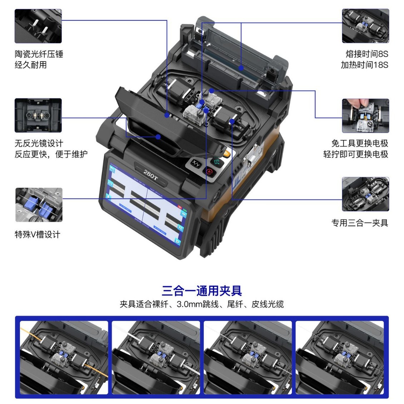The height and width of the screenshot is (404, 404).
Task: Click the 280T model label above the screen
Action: point(150,175)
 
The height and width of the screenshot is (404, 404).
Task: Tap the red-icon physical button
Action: point(209,172)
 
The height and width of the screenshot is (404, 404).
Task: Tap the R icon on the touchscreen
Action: point(180,227)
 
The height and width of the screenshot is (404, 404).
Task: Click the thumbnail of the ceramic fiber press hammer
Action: point(38,26)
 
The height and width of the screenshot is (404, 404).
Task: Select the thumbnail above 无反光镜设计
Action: point(38,115)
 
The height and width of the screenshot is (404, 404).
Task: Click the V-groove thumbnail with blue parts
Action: point(39,205)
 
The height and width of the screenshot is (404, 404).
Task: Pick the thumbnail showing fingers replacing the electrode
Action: point(365,115)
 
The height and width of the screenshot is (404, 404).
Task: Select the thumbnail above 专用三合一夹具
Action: point(365,194)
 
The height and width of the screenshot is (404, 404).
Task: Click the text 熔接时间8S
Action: point(366,54)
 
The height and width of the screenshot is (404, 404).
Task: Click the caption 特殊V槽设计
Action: point(37,235)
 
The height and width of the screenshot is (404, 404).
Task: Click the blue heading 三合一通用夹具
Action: point(202,290)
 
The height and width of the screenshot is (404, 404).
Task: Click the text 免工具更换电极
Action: point(359,143)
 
